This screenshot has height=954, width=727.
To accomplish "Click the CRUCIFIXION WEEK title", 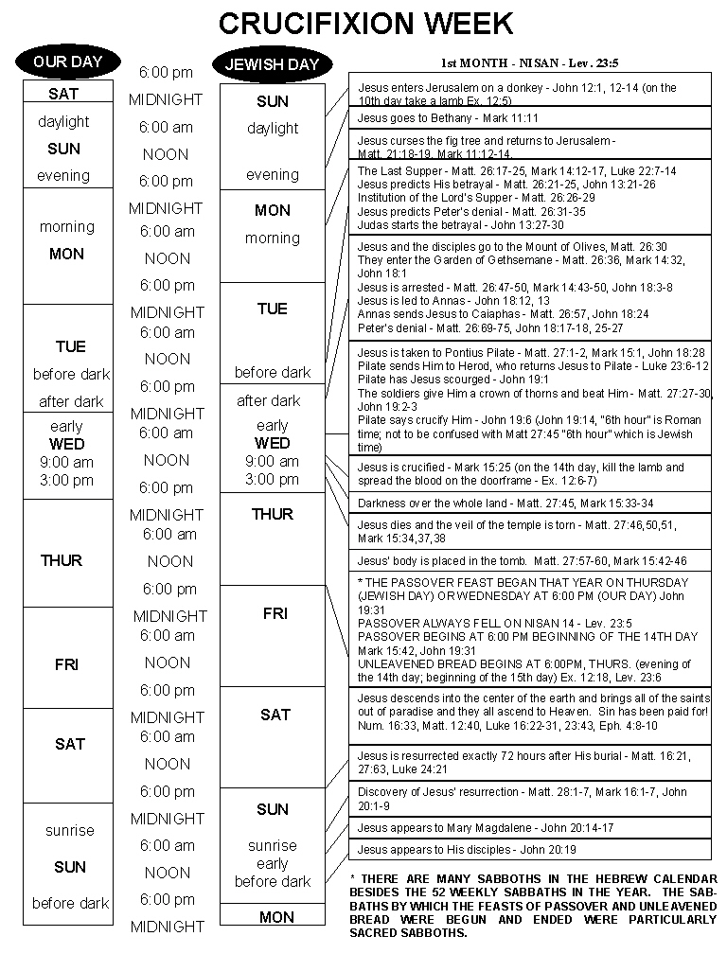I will [x=366, y=23].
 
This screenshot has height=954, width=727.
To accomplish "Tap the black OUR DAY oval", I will [x=67, y=62].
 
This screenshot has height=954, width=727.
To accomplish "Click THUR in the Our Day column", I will [x=62, y=560].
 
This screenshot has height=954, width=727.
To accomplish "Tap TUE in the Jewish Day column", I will [x=272, y=309].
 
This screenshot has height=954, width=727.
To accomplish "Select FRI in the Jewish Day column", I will [x=275, y=613].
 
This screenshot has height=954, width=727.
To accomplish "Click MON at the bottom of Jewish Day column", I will [x=276, y=917].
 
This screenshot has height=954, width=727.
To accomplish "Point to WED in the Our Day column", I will [x=66, y=444].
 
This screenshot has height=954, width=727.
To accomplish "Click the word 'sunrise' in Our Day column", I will [x=69, y=830].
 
